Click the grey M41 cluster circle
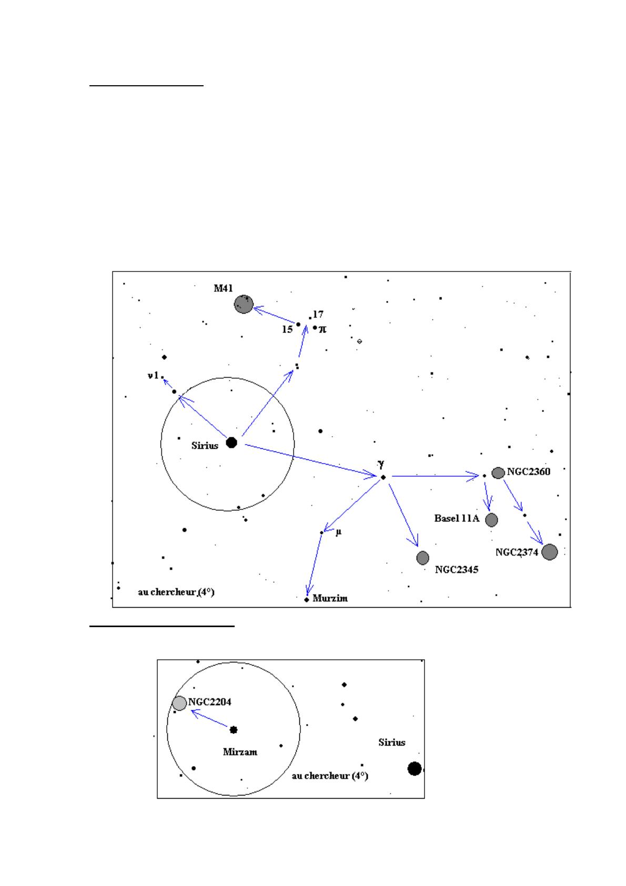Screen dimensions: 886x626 (x=244, y=305)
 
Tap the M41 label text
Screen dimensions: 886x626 (x=223, y=288)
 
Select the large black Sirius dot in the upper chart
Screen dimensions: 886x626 (x=231, y=443)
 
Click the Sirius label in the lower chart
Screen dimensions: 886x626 (x=392, y=742)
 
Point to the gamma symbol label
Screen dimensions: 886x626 (x=381, y=464)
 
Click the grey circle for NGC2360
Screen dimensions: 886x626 (x=498, y=472)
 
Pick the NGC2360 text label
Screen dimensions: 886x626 (x=529, y=472)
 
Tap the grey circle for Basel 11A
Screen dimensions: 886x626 (x=491, y=520)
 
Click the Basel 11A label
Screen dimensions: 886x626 (x=457, y=519)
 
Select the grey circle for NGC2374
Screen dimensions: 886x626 (x=549, y=552)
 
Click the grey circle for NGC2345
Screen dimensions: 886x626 (x=422, y=558)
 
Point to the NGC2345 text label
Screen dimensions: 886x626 (x=457, y=570)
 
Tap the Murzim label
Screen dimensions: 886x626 (x=330, y=598)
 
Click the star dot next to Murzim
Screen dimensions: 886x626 (x=307, y=599)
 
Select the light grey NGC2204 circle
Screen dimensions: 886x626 (x=179, y=703)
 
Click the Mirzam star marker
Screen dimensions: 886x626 (x=234, y=730)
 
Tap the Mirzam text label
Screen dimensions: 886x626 (x=240, y=752)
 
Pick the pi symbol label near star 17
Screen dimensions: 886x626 (x=322, y=329)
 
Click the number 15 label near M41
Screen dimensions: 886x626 (x=287, y=330)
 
